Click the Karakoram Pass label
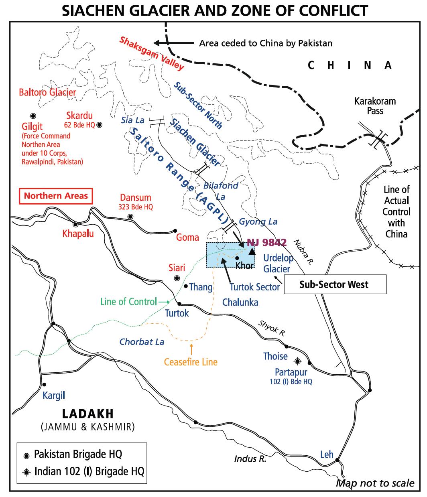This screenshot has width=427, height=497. tap(375, 106)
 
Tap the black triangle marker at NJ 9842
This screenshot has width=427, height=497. tap(252, 252)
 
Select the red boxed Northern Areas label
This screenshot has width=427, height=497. tap(56, 196)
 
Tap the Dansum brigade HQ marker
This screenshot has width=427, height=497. tap(130, 217)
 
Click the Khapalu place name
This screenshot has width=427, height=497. tap(78, 233)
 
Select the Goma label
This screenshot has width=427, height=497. tap(187, 237)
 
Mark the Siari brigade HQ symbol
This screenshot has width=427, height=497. tap(177, 278)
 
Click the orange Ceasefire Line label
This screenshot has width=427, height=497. tap(191, 362)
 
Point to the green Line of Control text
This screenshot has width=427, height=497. tap(122, 301)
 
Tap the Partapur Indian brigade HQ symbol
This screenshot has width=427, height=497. tap(297, 361)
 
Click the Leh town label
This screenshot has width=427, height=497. tap(327, 454)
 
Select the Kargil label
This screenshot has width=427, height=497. tap(54, 396)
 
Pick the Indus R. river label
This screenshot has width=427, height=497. tap(250, 458)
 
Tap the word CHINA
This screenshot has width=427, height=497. tap(349, 65)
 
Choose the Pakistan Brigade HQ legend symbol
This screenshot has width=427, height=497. tap(26, 455)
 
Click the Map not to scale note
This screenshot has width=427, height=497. tap(375, 483)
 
